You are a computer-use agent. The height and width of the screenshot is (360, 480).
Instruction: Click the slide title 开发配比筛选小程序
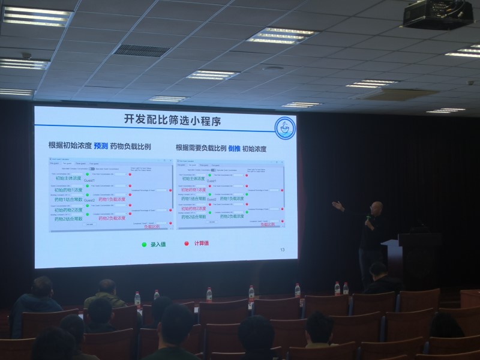coord(173,121)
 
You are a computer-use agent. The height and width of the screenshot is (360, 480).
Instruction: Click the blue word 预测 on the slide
coord(101,146)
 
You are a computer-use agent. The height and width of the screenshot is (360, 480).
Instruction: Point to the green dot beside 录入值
coord(144,244)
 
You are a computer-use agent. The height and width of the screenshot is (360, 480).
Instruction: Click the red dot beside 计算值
coord(187,244)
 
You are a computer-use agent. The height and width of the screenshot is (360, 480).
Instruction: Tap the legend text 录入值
coord(158,244)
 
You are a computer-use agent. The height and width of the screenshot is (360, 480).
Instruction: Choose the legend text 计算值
coord(200,244)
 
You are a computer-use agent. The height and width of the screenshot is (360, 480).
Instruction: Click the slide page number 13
coord(283,250)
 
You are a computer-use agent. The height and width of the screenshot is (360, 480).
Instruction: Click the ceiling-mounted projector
coord(437,16)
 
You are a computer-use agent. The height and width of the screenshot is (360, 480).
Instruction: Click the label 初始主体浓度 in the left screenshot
coord(68,178)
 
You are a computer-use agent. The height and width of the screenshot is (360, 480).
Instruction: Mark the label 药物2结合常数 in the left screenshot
coord(68,218)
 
